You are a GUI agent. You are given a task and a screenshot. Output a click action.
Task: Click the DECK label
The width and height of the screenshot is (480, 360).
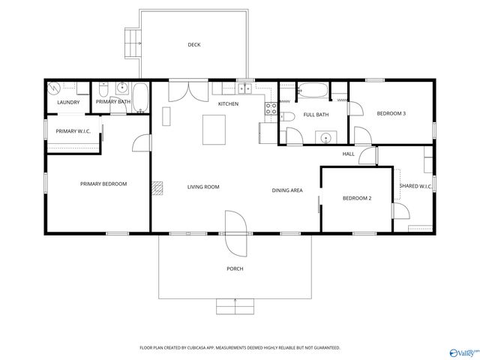pos(194,45)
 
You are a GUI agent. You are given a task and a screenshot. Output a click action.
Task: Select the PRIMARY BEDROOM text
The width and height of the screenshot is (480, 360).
pos(103,184)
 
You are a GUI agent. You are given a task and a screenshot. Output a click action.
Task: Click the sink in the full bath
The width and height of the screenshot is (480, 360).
pos(325,138)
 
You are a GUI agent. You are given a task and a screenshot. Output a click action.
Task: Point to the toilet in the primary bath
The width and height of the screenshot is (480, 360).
pos(104,88)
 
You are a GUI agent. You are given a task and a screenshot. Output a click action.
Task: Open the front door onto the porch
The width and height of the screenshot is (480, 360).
pos(234,225)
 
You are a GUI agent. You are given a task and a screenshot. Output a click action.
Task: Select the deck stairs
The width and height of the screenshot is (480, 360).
pos(133,43)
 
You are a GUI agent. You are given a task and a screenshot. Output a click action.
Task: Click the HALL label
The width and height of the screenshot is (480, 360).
pos(348,154)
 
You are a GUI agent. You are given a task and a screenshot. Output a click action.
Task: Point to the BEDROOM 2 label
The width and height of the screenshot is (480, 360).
pos(357,198)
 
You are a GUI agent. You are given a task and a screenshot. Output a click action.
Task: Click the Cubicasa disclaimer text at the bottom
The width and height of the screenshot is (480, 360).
pos(240,348)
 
